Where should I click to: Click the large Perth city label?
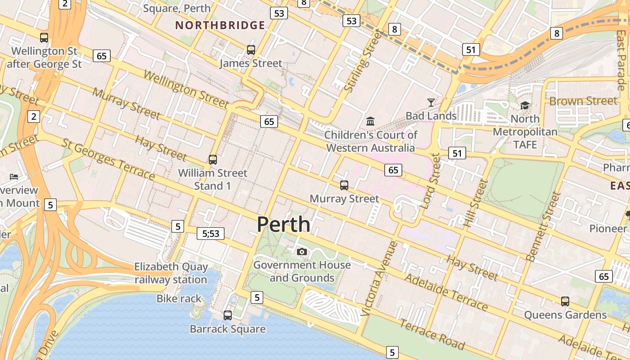point(283,224)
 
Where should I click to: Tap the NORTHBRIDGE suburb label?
point(220,25)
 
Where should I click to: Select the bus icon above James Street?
point(251,50)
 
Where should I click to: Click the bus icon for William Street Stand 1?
point(213,159)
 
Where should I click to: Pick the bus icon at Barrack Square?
point(228,315)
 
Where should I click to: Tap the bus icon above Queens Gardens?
point(565,301)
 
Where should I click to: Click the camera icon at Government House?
point(302,252)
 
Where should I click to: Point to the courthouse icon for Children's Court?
point(370,121)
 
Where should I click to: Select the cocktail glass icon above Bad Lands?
point(431,103)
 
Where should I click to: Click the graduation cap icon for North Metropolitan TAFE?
point(525,105)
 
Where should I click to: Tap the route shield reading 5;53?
point(211,234)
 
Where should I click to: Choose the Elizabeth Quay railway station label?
point(171,273)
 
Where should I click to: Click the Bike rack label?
point(179,298)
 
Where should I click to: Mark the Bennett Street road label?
point(544,226)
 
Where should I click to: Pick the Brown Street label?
point(583,101)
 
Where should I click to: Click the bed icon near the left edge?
point(14,176)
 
